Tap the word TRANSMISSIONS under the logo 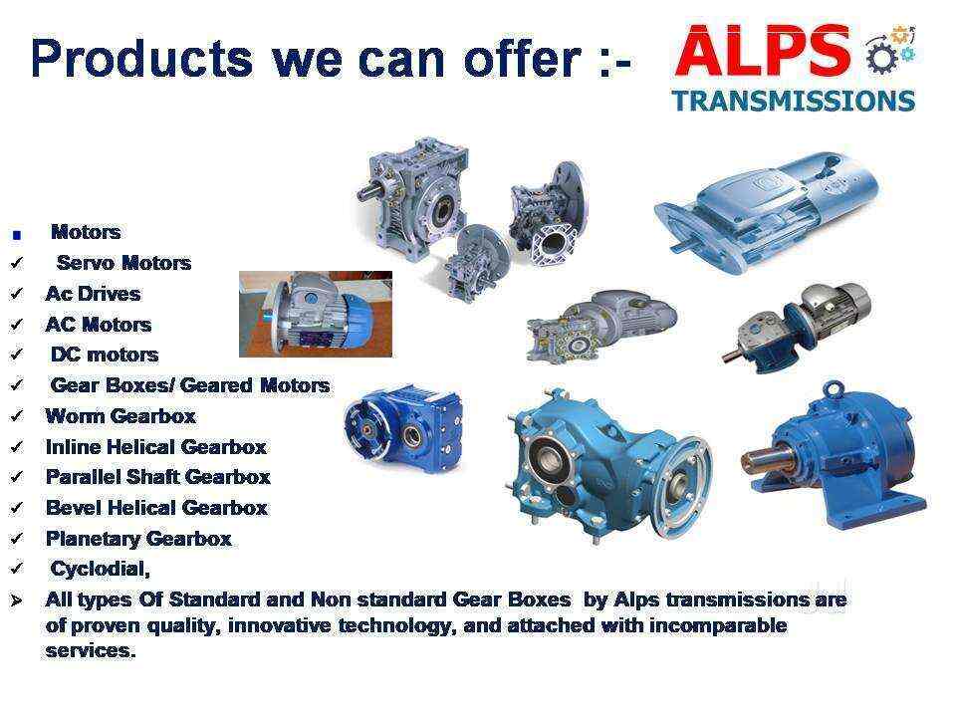[x=794, y=101]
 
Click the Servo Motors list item [x=122, y=263]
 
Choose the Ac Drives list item [x=93, y=294]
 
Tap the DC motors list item [x=104, y=355]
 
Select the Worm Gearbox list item [x=120, y=416]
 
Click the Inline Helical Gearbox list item [x=155, y=447]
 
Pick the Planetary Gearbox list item [x=138, y=539]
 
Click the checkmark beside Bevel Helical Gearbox [x=16, y=509]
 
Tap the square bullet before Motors [x=16, y=235]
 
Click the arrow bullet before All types [x=16, y=600]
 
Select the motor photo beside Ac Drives [x=315, y=313]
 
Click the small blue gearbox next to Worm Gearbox [x=402, y=423]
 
